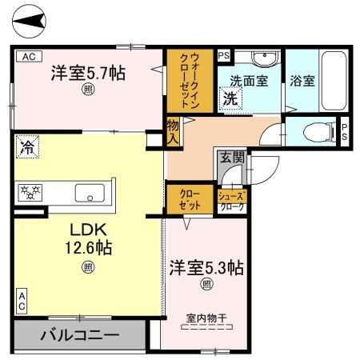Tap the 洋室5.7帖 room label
coord(87,73)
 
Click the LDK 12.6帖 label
coord(87,239)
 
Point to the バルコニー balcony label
coord(78,334)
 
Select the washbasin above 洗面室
coord(261,60)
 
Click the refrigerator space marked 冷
coord(26,147)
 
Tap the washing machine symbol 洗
coord(230,100)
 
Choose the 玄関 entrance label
coord(228,158)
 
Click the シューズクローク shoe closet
coord(231,200)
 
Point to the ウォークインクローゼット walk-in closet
coord(189,82)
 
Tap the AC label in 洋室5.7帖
coord(27,55)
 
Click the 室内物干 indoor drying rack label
coord(206,318)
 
